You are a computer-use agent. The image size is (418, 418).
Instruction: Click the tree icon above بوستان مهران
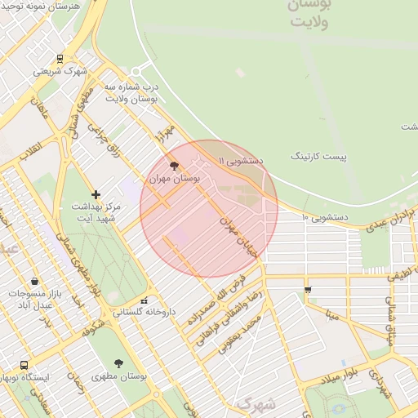(x=175, y=165)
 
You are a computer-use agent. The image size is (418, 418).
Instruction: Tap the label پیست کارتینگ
(x=319, y=155)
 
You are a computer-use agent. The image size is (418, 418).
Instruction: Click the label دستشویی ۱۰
(x=326, y=218)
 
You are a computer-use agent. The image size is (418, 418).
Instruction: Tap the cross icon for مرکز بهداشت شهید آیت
(x=96, y=194)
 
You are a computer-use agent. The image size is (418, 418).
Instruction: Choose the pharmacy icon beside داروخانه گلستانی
(x=145, y=300)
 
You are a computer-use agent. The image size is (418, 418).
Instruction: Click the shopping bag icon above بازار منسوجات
(x=33, y=280)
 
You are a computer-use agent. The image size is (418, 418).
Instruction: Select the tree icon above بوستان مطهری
(x=119, y=363)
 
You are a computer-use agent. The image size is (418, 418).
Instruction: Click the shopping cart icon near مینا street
(x=307, y=289)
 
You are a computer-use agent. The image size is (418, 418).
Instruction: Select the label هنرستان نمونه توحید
(x=47, y=6)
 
